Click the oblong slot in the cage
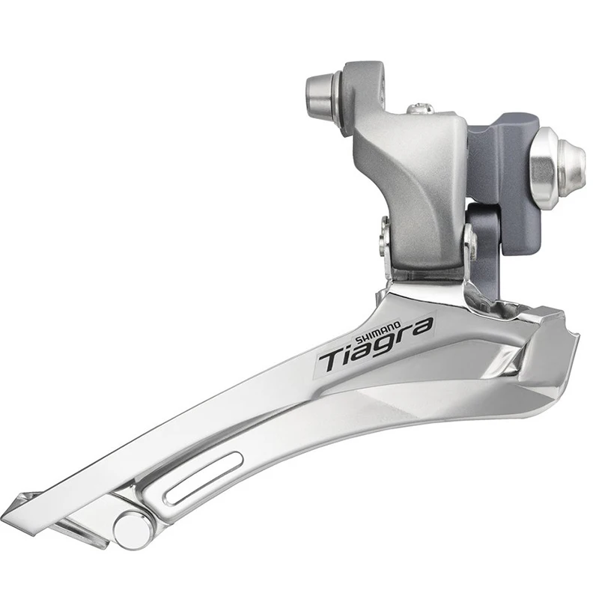click(202, 478)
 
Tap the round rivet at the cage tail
click(133, 529)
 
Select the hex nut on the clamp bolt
click(543, 169)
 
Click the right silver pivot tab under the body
click(469, 247)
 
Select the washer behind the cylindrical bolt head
click(339, 94)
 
